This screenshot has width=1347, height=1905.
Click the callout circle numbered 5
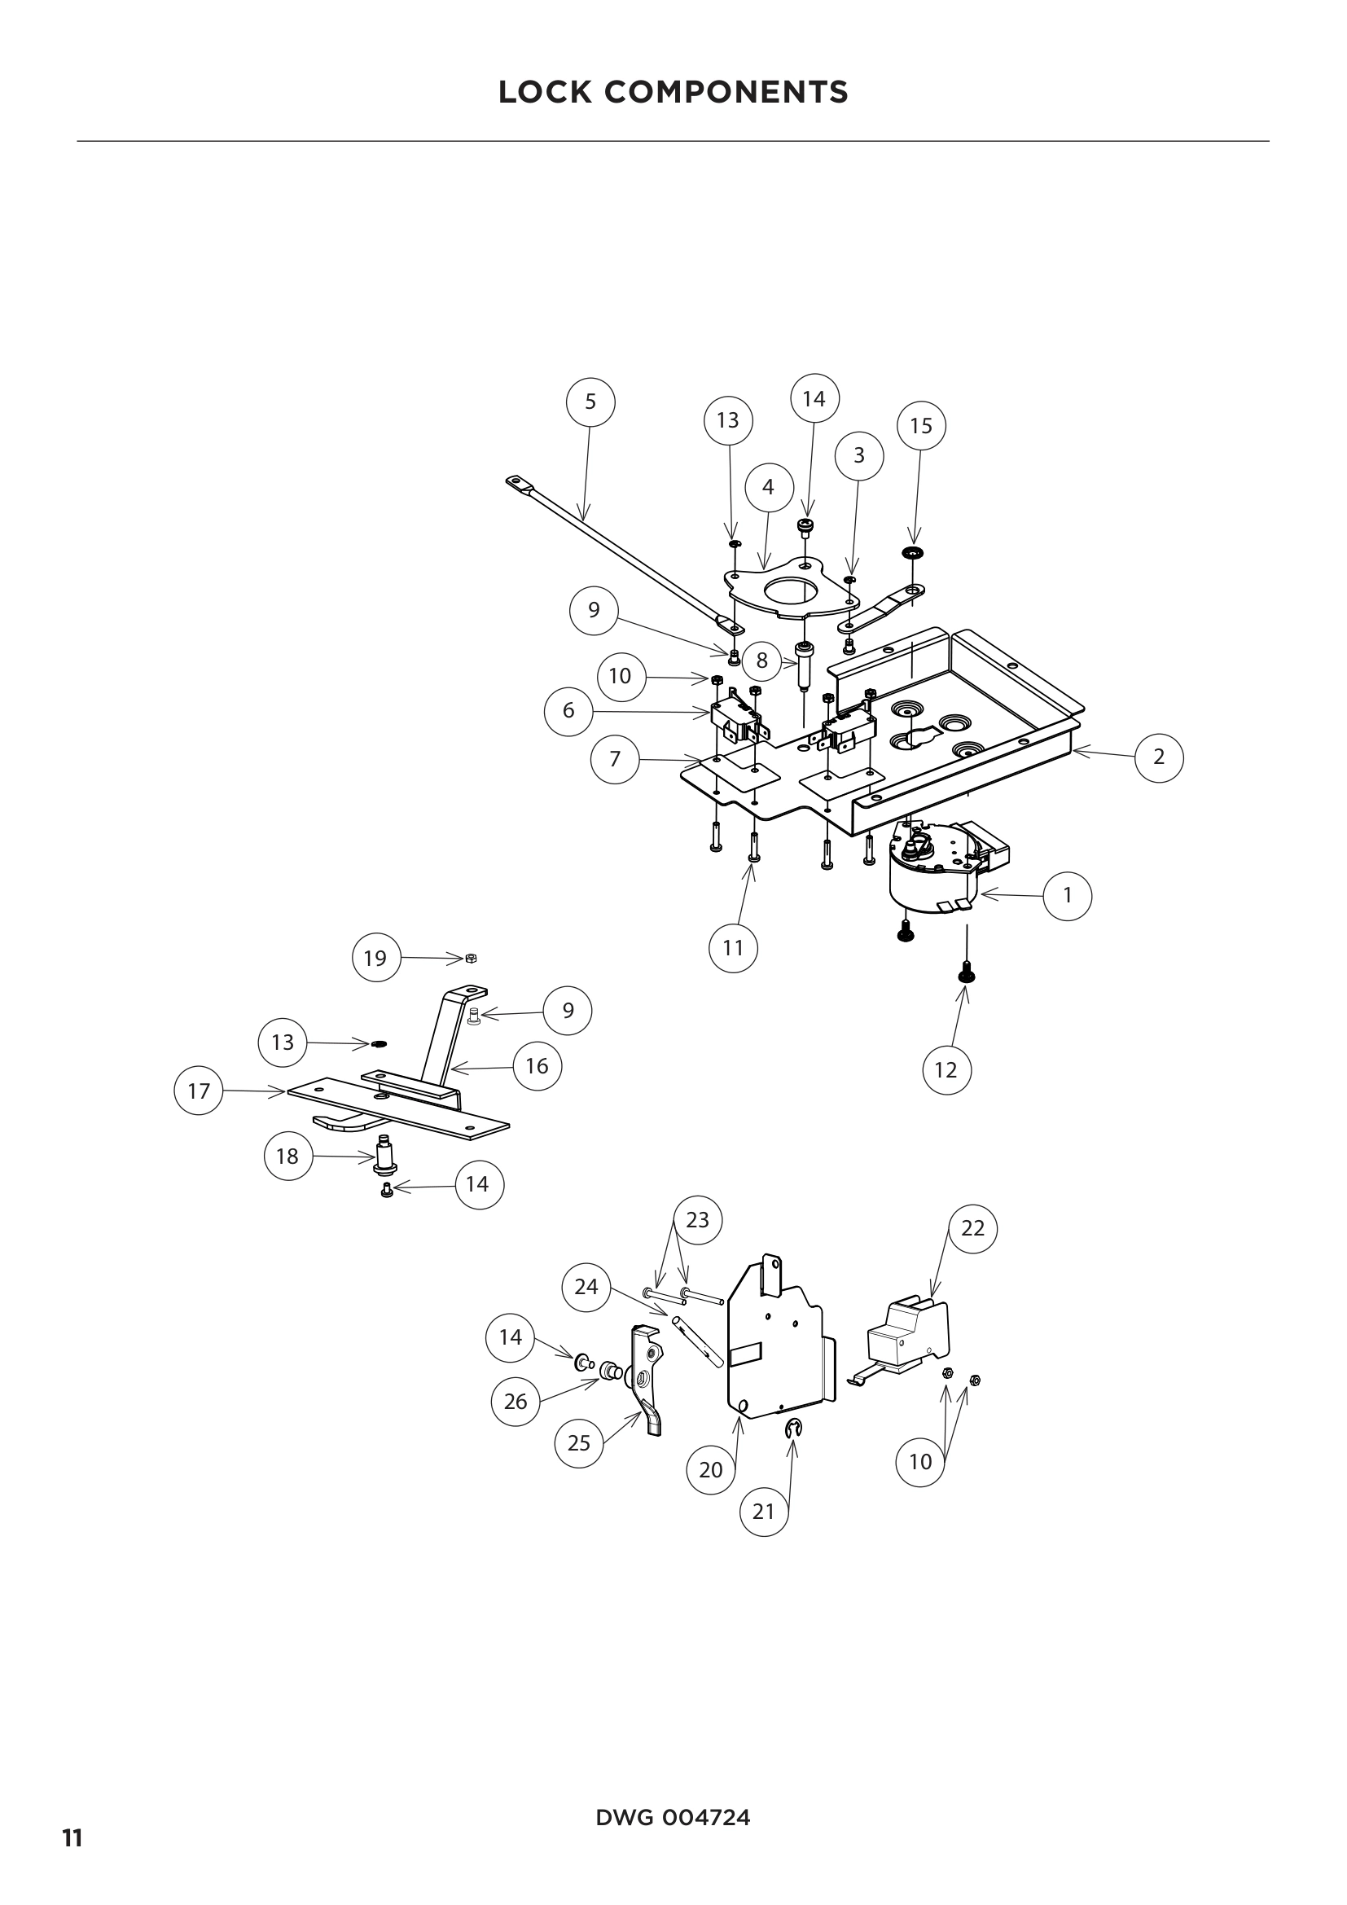pos(590,402)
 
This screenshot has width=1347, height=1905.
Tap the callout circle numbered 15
pos(922,426)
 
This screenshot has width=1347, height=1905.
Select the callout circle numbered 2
pos(1159,757)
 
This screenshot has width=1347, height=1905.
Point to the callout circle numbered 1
pos(1068,896)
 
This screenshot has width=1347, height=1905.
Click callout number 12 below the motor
pos(946,1070)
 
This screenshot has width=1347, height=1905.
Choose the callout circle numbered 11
pos(733,947)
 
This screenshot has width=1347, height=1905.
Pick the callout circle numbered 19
pos(375,958)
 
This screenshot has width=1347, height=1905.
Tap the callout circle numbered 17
pos(199,1091)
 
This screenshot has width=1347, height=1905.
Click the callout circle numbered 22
pos(973,1228)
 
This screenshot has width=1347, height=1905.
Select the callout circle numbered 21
pos(763,1512)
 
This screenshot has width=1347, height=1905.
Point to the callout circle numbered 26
pos(515,1402)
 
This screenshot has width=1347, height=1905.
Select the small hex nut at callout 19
pos(471,959)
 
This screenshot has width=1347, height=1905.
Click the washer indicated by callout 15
pos(914,552)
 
